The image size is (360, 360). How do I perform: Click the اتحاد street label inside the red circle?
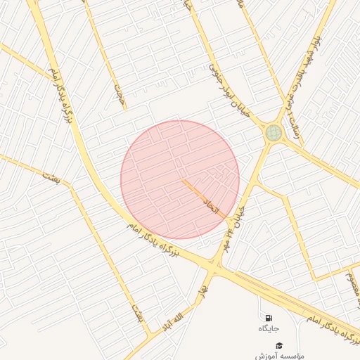point(212,206)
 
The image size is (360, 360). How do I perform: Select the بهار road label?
point(204,289)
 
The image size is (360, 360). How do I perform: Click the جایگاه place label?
point(269,328)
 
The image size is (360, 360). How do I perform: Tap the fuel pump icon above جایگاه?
point(268,318)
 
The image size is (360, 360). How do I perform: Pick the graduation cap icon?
point(279,346)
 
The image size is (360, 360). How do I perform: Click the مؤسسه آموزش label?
point(280,356)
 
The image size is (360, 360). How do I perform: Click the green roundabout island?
point(273,132)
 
